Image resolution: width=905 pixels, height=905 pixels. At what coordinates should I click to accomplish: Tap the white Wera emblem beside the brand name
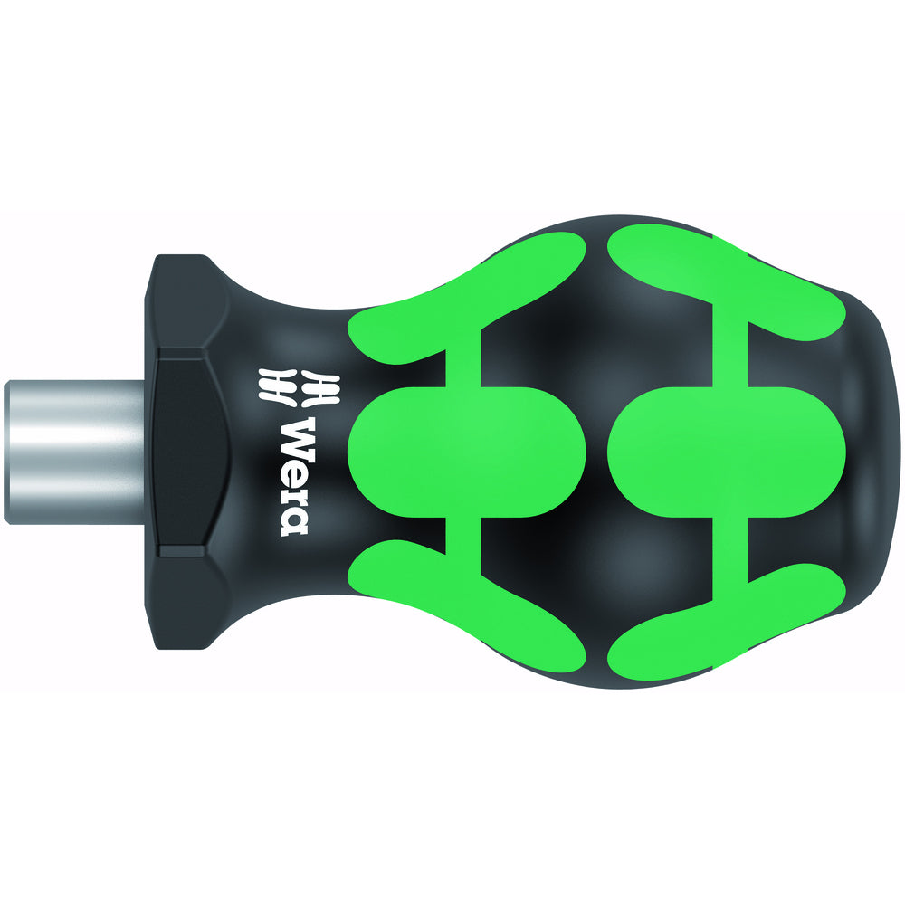(297, 386)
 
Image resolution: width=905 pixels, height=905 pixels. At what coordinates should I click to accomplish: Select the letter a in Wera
(296, 520)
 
